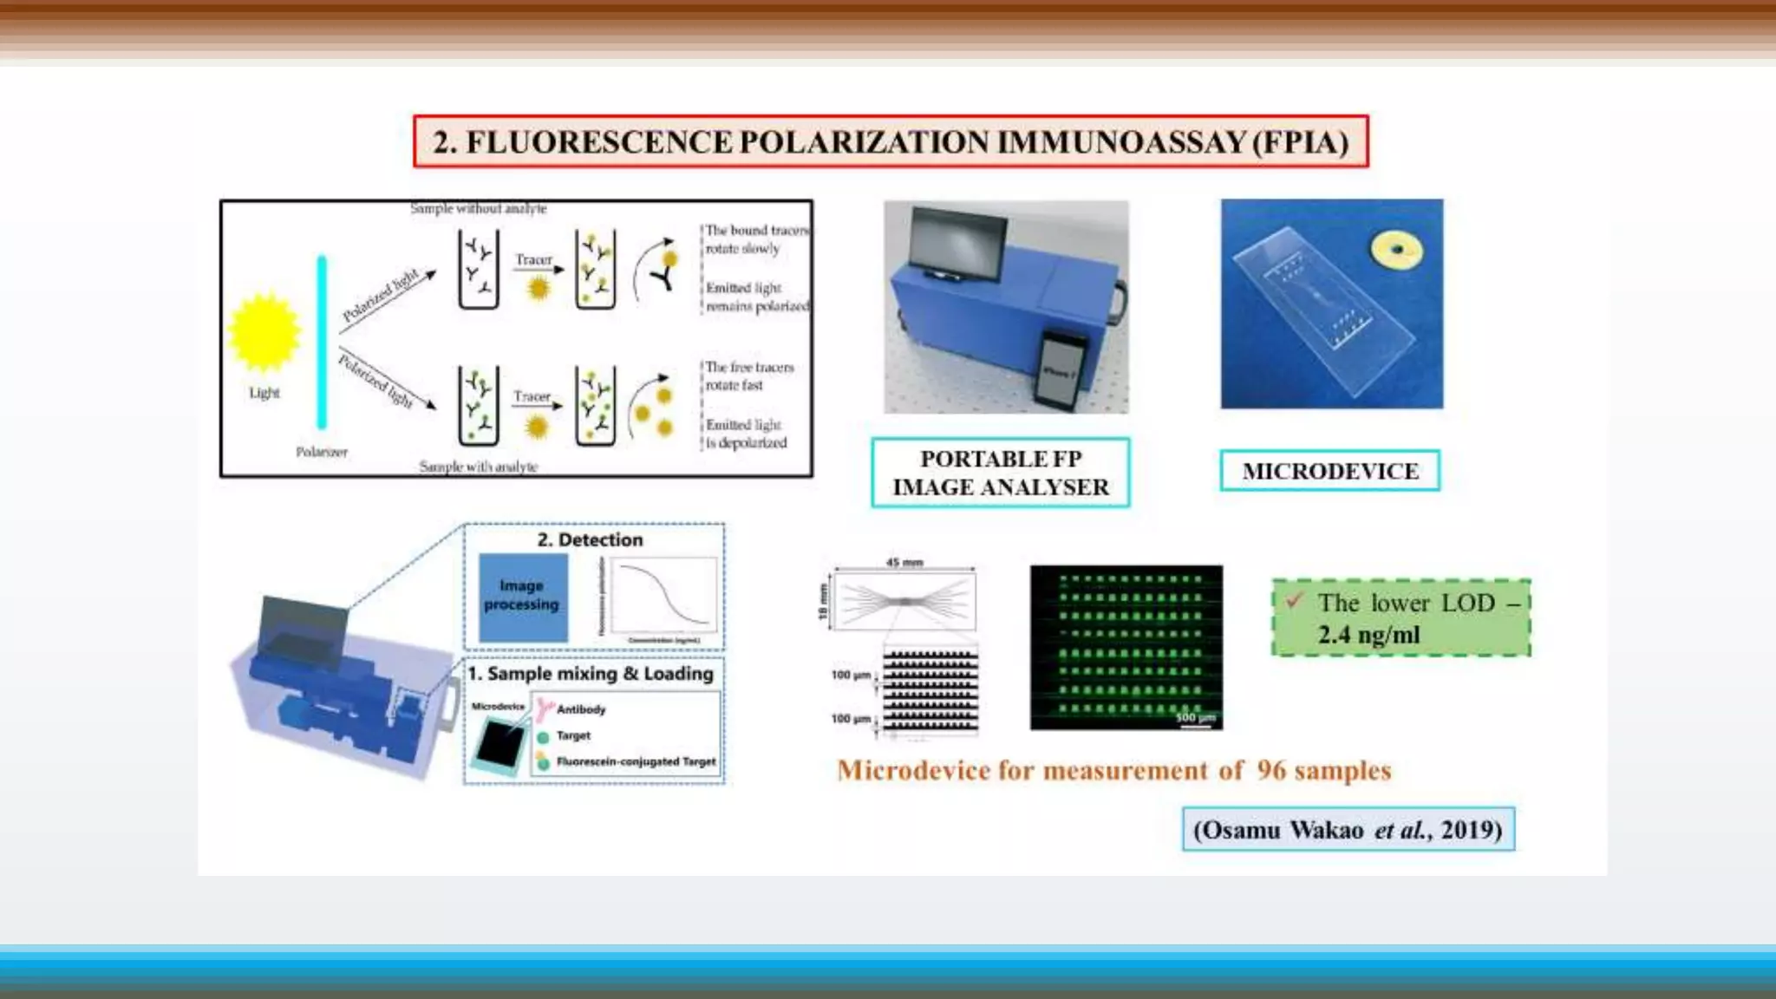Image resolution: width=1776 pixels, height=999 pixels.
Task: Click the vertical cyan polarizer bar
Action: tap(322, 342)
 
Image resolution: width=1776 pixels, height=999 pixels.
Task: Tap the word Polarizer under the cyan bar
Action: tap(322, 452)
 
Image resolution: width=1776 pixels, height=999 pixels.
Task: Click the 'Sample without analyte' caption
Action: tap(478, 208)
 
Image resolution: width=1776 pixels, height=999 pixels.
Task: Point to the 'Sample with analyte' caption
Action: tap(478, 467)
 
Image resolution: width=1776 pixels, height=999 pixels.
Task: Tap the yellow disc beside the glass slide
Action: tap(1396, 251)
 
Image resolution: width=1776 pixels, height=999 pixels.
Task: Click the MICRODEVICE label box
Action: tap(1329, 471)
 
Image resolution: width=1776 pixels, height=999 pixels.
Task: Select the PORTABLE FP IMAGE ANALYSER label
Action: tap(1000, 473)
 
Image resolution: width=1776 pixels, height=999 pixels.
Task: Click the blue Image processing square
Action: tap(523, 597)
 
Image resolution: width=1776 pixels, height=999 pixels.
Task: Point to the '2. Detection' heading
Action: tap(590, 539)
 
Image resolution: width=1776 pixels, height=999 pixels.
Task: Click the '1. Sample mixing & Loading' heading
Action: tap(590, 674)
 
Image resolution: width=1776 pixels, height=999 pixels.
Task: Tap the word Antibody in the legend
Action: tap(581, 709)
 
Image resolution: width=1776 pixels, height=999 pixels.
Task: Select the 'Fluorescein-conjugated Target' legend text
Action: tap(636, 761)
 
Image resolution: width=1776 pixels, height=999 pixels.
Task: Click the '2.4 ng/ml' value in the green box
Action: tap(1368, 635)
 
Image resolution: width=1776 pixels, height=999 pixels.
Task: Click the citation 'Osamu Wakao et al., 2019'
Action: tap(1348, 830)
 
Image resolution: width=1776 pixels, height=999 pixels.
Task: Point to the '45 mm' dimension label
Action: tap(904, 562)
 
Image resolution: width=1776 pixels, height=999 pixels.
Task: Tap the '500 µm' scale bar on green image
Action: tap(1196, 720)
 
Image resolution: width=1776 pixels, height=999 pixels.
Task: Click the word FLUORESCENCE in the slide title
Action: tap(598, 142)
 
